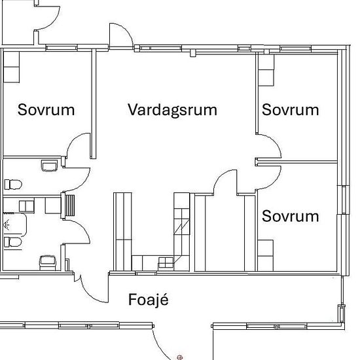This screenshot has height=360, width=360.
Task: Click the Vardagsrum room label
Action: tap(172, 111)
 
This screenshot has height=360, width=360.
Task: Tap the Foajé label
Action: tap(149, 300)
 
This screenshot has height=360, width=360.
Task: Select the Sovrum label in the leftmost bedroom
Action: tap(46, 109)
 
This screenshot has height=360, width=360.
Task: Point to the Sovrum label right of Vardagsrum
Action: tap(291, 109)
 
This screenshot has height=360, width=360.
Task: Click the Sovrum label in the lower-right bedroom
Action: tap(291, 216)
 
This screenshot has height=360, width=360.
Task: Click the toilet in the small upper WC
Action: tap(13, 185)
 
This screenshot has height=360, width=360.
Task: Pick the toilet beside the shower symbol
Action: tap(13, 242)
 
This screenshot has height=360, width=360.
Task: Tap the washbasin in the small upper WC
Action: tap(49, 166)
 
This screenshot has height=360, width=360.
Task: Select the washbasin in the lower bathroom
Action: tap(48, 262)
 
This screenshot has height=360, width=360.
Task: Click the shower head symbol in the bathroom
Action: tap(7, 225)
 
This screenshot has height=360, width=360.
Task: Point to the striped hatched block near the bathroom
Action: tap(70, 206)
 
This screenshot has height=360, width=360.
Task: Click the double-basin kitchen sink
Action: tap(166, 262)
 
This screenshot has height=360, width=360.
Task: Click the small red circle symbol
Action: tap(180, 357)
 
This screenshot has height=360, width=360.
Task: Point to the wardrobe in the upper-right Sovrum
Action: tap(266, 70)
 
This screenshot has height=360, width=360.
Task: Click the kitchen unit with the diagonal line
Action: tap(182, 227)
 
